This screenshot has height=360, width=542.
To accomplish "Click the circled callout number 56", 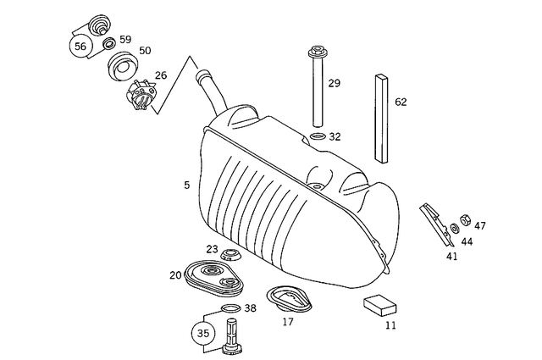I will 81,47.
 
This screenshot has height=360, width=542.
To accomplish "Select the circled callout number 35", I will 203,333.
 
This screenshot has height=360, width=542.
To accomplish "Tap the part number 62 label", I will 401,102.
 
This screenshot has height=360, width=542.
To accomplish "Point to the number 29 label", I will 334,83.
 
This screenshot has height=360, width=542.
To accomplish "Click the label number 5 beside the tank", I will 186,184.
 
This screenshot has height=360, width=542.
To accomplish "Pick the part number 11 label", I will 390,324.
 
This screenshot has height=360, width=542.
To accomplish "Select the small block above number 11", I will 381,303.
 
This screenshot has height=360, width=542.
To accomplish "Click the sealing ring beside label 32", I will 317,136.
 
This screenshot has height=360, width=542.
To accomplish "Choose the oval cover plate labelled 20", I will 208,275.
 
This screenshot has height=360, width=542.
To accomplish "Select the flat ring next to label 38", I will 229,307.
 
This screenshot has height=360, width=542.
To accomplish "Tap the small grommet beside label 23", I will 230,254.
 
